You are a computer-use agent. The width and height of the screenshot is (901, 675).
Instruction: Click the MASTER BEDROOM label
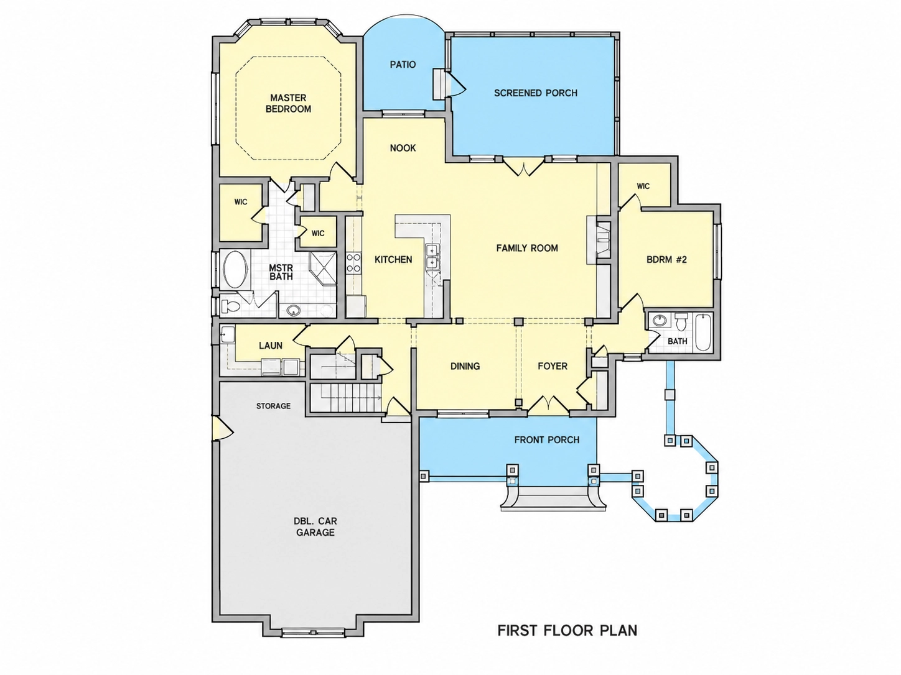[x=288, y=103]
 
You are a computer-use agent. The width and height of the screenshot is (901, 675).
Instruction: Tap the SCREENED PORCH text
[x=536, y=93]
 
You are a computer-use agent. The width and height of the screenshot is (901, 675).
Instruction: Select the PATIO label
[x=403, y=65]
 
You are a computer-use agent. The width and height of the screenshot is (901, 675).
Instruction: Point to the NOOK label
[x=403, y=148]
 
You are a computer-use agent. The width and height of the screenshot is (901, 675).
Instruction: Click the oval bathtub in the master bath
[x=236, y=269]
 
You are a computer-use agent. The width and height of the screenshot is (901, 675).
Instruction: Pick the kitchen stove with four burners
[x=354, y=263]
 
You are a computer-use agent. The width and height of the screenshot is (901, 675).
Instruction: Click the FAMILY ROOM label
[x=527, y=248]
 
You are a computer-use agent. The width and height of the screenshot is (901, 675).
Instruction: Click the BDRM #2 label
[x=666, y=259]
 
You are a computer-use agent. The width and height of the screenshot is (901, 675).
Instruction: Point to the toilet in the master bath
[x=230, y=306]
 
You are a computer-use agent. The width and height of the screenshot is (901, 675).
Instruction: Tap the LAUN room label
[x=271, y=346]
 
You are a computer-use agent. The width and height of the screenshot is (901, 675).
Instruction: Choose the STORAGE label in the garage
[x=273, y=406]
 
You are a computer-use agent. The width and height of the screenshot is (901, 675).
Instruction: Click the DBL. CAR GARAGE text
[x=315, y=526]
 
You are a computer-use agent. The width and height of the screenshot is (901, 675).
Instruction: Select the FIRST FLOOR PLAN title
[x=567, y=630]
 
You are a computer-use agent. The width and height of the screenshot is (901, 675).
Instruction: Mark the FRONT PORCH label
[x=547, y=440]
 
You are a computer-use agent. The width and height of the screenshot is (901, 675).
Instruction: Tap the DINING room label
[x=465, y=366]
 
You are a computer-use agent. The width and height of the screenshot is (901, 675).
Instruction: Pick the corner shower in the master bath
[x=323, y=268]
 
